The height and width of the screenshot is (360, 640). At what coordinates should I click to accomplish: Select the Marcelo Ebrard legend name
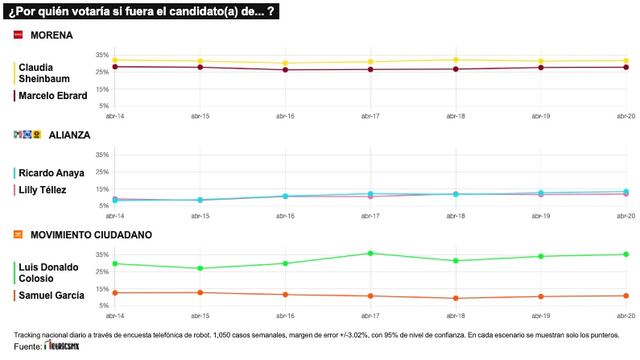pyautogui.click(x=53, y=96)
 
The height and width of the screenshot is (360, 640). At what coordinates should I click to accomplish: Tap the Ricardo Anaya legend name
pyautogui.click(x=53, y=172)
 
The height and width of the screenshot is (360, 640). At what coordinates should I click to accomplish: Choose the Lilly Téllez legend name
pyautogui.click(x=46, y=190)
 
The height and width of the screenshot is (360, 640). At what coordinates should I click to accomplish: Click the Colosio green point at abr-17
pyautogui.click(x=370, y=253)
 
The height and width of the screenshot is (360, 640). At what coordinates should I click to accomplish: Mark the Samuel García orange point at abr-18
pyautogui.click(x=455, y=298)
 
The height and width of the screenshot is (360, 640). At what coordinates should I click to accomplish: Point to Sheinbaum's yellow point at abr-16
pyautogui.click(x=285, y=63)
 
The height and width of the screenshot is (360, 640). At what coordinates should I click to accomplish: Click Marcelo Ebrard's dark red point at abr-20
pyautogui.click(x=625, y=67)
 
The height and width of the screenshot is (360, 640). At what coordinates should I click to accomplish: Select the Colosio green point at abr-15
pyautogui.click(x=200, y=268)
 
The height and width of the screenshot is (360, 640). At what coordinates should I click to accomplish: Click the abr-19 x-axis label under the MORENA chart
pyautogui.click(x=540, y=116)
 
